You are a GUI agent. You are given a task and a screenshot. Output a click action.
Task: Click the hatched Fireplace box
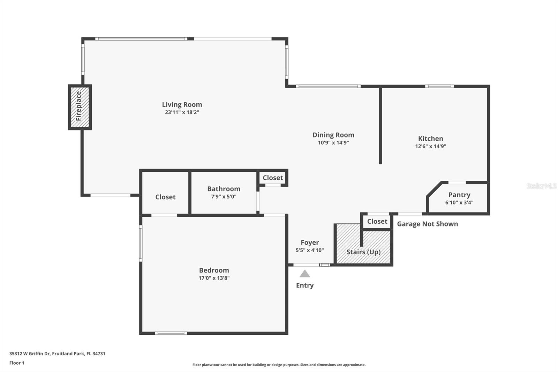click(x=80, y=107)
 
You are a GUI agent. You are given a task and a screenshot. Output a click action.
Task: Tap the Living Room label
click(x=182, y=104)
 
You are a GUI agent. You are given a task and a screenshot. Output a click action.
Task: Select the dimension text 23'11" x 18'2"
click(x=182, y=112)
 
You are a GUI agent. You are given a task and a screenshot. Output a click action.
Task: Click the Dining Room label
click(x=333, y=135)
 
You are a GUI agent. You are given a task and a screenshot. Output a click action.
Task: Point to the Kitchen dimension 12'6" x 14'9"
click(x=430, y=146)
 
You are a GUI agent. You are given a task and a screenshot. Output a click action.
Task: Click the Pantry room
click(x=459, y=198)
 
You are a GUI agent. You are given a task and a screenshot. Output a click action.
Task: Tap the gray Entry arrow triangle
click(x=305, y=274)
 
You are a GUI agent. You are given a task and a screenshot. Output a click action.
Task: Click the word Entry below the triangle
click(x=305, y=285)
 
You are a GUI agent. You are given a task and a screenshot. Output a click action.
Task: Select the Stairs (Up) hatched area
click(x=363, y=252)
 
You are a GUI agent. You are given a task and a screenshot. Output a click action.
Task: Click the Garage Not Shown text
click(x=427, y=224)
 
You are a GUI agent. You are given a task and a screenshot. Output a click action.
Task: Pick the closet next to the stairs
click(x=377, y=221)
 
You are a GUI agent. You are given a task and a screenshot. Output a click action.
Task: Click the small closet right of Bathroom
click(x=272, y=178)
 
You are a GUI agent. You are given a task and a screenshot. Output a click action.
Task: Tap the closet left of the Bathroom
click(x=165, y=197)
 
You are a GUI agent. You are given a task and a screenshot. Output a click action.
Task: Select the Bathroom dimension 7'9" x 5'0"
click(x=224, y=196)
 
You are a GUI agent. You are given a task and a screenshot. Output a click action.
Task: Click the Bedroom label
click(x=214, y=270)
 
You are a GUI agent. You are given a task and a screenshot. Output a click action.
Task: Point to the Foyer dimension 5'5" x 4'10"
click(x=309, y=250)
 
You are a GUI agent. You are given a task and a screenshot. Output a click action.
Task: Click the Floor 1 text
click(x=17, y=363)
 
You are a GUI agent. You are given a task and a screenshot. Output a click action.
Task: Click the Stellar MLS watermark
click(x=541, y=186)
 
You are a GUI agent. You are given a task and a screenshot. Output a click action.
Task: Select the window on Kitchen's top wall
click(x=439, y=86)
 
